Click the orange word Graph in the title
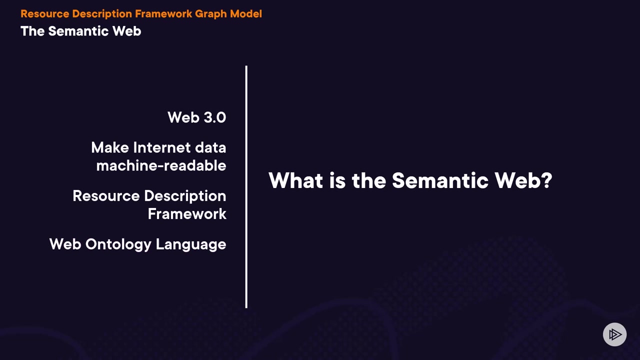coord(211,14)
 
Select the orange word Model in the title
coord(246,13)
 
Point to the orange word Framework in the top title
coord(163,13)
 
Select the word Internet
coord(162,147)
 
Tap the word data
coord(210,147)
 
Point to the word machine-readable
coord(161,165)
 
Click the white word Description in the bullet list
coord(185,196)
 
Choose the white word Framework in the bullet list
coord(187,214)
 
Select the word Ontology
coord(118,245)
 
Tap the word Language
coord(191,245)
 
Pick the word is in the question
coord(337,180)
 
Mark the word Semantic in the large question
coord(440,180)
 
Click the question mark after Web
coord(547,180)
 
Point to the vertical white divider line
coord(246,187)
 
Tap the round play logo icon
coord(614,334)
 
